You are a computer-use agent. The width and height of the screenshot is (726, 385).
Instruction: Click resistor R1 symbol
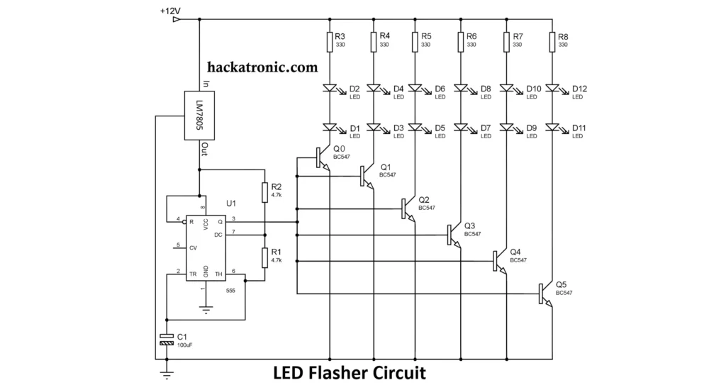[x=264, y=257]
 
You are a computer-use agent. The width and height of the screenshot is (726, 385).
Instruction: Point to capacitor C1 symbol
[x=167, y=339]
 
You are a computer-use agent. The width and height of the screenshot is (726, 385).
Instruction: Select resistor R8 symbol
[x=552, y=43]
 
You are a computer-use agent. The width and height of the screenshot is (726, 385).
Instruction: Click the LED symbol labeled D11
[x=552, y=128]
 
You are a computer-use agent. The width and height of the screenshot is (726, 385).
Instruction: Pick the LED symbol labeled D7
[x=462, y=128]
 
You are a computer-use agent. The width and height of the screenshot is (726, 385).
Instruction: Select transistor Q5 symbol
[x=545, y=294]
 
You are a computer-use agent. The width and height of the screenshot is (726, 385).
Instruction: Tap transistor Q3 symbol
[x=454, y=235]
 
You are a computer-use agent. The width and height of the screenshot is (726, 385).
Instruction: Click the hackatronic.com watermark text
[x=263, y=68]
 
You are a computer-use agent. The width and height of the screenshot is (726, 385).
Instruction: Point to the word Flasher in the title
[x=340, y=372]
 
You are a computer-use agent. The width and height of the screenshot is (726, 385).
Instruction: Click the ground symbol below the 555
[x=206, y=309]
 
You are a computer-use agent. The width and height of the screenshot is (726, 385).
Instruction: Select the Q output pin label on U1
[x=220, y=222]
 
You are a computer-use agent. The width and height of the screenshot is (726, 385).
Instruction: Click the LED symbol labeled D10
[x=507, y=89]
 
